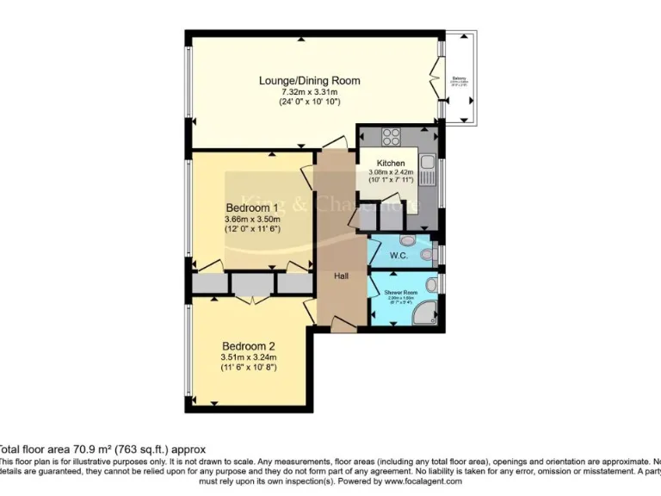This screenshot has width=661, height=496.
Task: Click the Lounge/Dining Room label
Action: pyautogui.click(x=309, y=81)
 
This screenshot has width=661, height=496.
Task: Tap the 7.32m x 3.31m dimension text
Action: pyautogui.click(x=309, y=92)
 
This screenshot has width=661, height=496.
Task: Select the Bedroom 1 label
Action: pyautogui.click(x=251, y=208)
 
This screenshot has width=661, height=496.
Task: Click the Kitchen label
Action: pyautogui.click(x=390, y=163)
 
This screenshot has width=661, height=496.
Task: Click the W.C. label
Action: pyautogui.click(x=398, y=255)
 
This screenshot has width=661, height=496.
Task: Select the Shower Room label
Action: pyautogui.click(x=400, y=293)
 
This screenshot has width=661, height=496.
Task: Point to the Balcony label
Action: pyautogui.click(x=460, y=79)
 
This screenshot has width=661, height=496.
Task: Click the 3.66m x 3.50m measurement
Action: pyautogui.click(x=251, y=219)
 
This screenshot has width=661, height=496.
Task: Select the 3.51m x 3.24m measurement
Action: pyautogui.click(x=248, y=357)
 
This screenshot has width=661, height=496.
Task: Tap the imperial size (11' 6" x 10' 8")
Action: pyautogui.click(x=248, y=368)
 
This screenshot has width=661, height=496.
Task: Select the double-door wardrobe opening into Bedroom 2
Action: pyautogui.click(x=250, y=297)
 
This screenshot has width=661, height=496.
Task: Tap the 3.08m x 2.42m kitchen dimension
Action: pyautogui.click(x=390, y=172)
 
